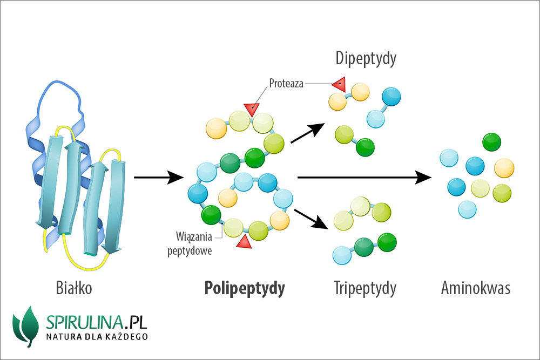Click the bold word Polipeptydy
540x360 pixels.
tap(245, 289)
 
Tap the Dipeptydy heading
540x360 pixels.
tap(366, 58)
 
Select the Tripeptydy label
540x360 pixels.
tap(365, 289)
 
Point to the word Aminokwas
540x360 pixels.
tap(475, 289)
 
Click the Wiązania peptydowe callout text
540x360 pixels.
tap(197, 243)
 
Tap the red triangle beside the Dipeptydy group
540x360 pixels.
tap(339, 84)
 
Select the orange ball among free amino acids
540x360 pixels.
tap(504, 168)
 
